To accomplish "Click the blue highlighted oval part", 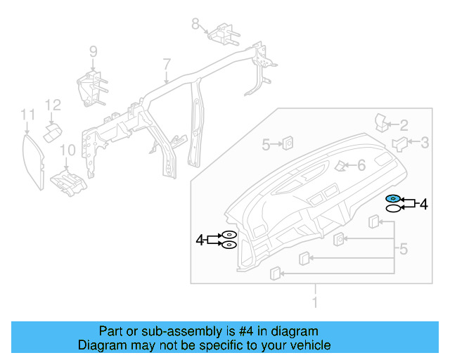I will [x=393, y=199].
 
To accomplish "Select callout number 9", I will [x=92, y=51].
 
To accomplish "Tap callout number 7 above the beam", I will [x=167, y=65].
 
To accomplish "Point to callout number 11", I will [x=27, y=114].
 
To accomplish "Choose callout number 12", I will [x=53, y=105].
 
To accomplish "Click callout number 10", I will [x=67, y=150].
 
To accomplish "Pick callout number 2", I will [x=404, y=126].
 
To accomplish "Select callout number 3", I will [x=424, y=143].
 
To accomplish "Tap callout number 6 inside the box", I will [x=361, y=166].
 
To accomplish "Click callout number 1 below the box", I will [x=315, y=302].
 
